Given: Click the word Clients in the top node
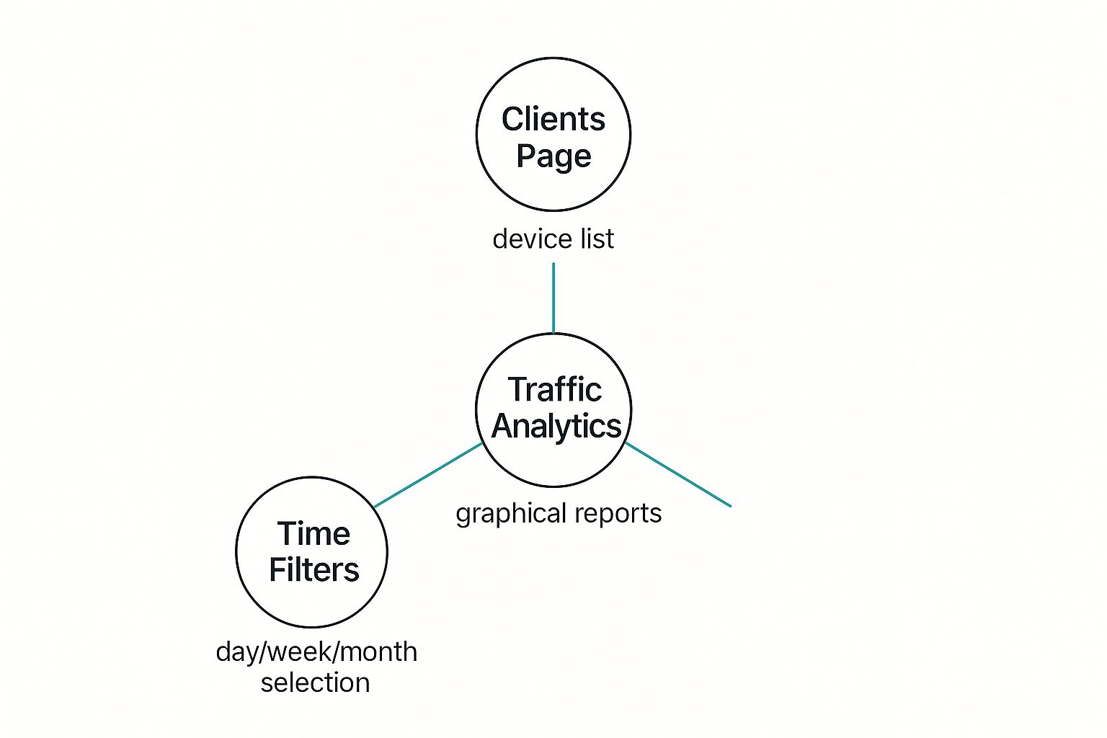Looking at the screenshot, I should (x=553, y=120).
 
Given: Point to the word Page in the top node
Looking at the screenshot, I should (x=553, y=156).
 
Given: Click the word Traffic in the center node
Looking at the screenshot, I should (x=555, y=390).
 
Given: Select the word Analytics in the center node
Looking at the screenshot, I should (x=556, y=426).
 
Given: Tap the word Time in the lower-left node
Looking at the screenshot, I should (x=314, y=534).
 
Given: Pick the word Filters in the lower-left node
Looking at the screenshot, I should (x=314, y=570).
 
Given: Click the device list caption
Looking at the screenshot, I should (x=553, y=239).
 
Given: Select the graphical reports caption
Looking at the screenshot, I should (x=559, y=514).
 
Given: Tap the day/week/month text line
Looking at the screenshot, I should (x=316, y=652).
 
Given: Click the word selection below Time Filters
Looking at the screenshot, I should (x=315, y=683).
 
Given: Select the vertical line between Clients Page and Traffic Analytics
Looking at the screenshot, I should (x=553, y=298).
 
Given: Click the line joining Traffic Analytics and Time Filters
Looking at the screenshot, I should (x=429, y=475).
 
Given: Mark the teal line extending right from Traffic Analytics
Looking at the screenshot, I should (x=678, y=475).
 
